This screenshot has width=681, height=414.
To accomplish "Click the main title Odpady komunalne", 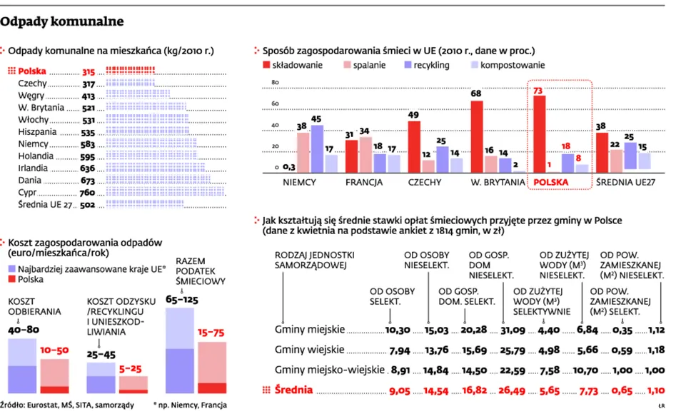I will coord(62,21).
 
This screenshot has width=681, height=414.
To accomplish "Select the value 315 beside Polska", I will coord(89,72).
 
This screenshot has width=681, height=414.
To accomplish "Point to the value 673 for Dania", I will coord(89,181).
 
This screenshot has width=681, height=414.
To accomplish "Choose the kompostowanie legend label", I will coord(513,65).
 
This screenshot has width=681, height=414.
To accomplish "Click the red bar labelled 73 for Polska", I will coord(540,134).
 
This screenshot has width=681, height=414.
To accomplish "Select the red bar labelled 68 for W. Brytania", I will coord(477,136).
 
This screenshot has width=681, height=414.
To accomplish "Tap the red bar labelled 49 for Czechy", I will coord(413,146).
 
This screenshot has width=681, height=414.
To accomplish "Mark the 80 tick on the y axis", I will coord(273,84).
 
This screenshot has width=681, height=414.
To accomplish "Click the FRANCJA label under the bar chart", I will coord(364,183).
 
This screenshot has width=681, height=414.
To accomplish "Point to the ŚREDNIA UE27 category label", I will coord(627,183).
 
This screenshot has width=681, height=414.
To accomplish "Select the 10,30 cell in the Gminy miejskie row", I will coord(398,330).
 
